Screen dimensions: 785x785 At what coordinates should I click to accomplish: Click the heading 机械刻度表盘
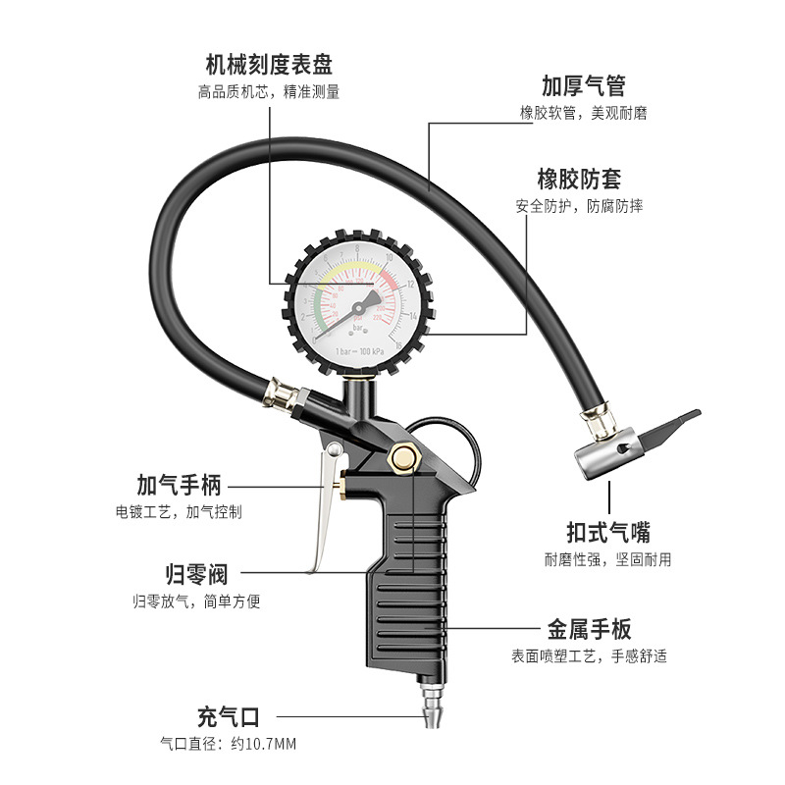269,65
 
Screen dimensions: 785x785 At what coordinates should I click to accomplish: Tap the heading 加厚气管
583,85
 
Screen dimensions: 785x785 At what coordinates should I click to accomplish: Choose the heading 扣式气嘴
609,532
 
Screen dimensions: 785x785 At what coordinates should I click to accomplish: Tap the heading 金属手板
589,629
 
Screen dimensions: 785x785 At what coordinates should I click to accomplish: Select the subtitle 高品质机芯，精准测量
268,92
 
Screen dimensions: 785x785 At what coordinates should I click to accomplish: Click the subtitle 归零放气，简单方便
196,602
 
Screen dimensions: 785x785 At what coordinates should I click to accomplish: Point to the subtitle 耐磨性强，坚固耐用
608,559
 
